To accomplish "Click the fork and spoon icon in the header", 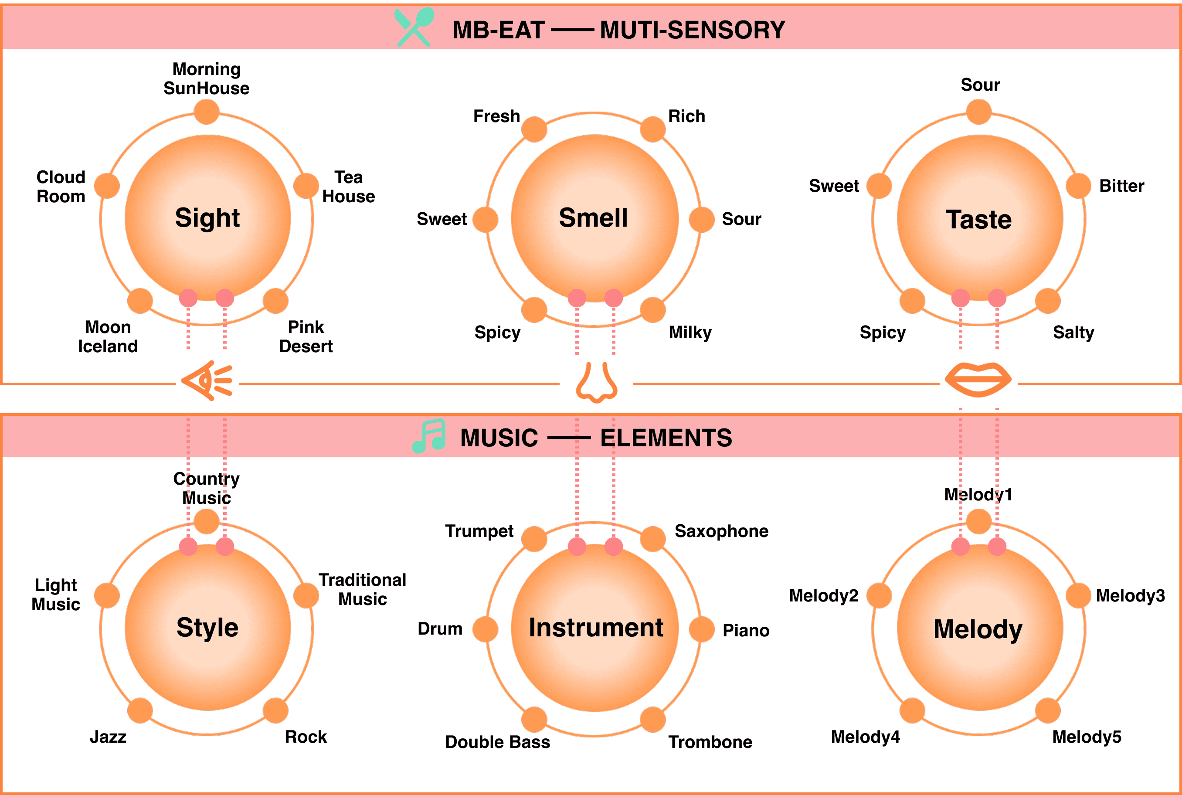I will tap(414, 27).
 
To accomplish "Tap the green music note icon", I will tap(429, 435).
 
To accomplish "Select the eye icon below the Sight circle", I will tap(207, 381).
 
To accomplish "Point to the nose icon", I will tap(597, 382).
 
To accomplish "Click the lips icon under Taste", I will tap(978, 379).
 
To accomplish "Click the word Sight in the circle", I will tap(207, 218).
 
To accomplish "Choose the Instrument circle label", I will tap(595, 628).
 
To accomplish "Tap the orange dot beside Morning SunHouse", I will tap(206, 112).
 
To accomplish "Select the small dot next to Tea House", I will tap(306, 186).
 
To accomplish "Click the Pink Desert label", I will tap(306, 336).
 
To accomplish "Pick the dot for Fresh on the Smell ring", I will tap(534, 129).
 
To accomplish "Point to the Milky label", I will tap(690, 333).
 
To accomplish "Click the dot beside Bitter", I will tap(1078, 186).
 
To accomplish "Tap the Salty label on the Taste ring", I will tap(1073, 333).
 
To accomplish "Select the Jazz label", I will tap(108, 737).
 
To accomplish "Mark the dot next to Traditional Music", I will tap(306, 595).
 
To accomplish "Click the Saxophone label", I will tap(721, 531).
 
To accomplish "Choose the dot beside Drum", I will tap(485, 629).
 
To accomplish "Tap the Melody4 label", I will tap(865, 737).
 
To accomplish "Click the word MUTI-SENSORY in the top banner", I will tap(693, 30).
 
